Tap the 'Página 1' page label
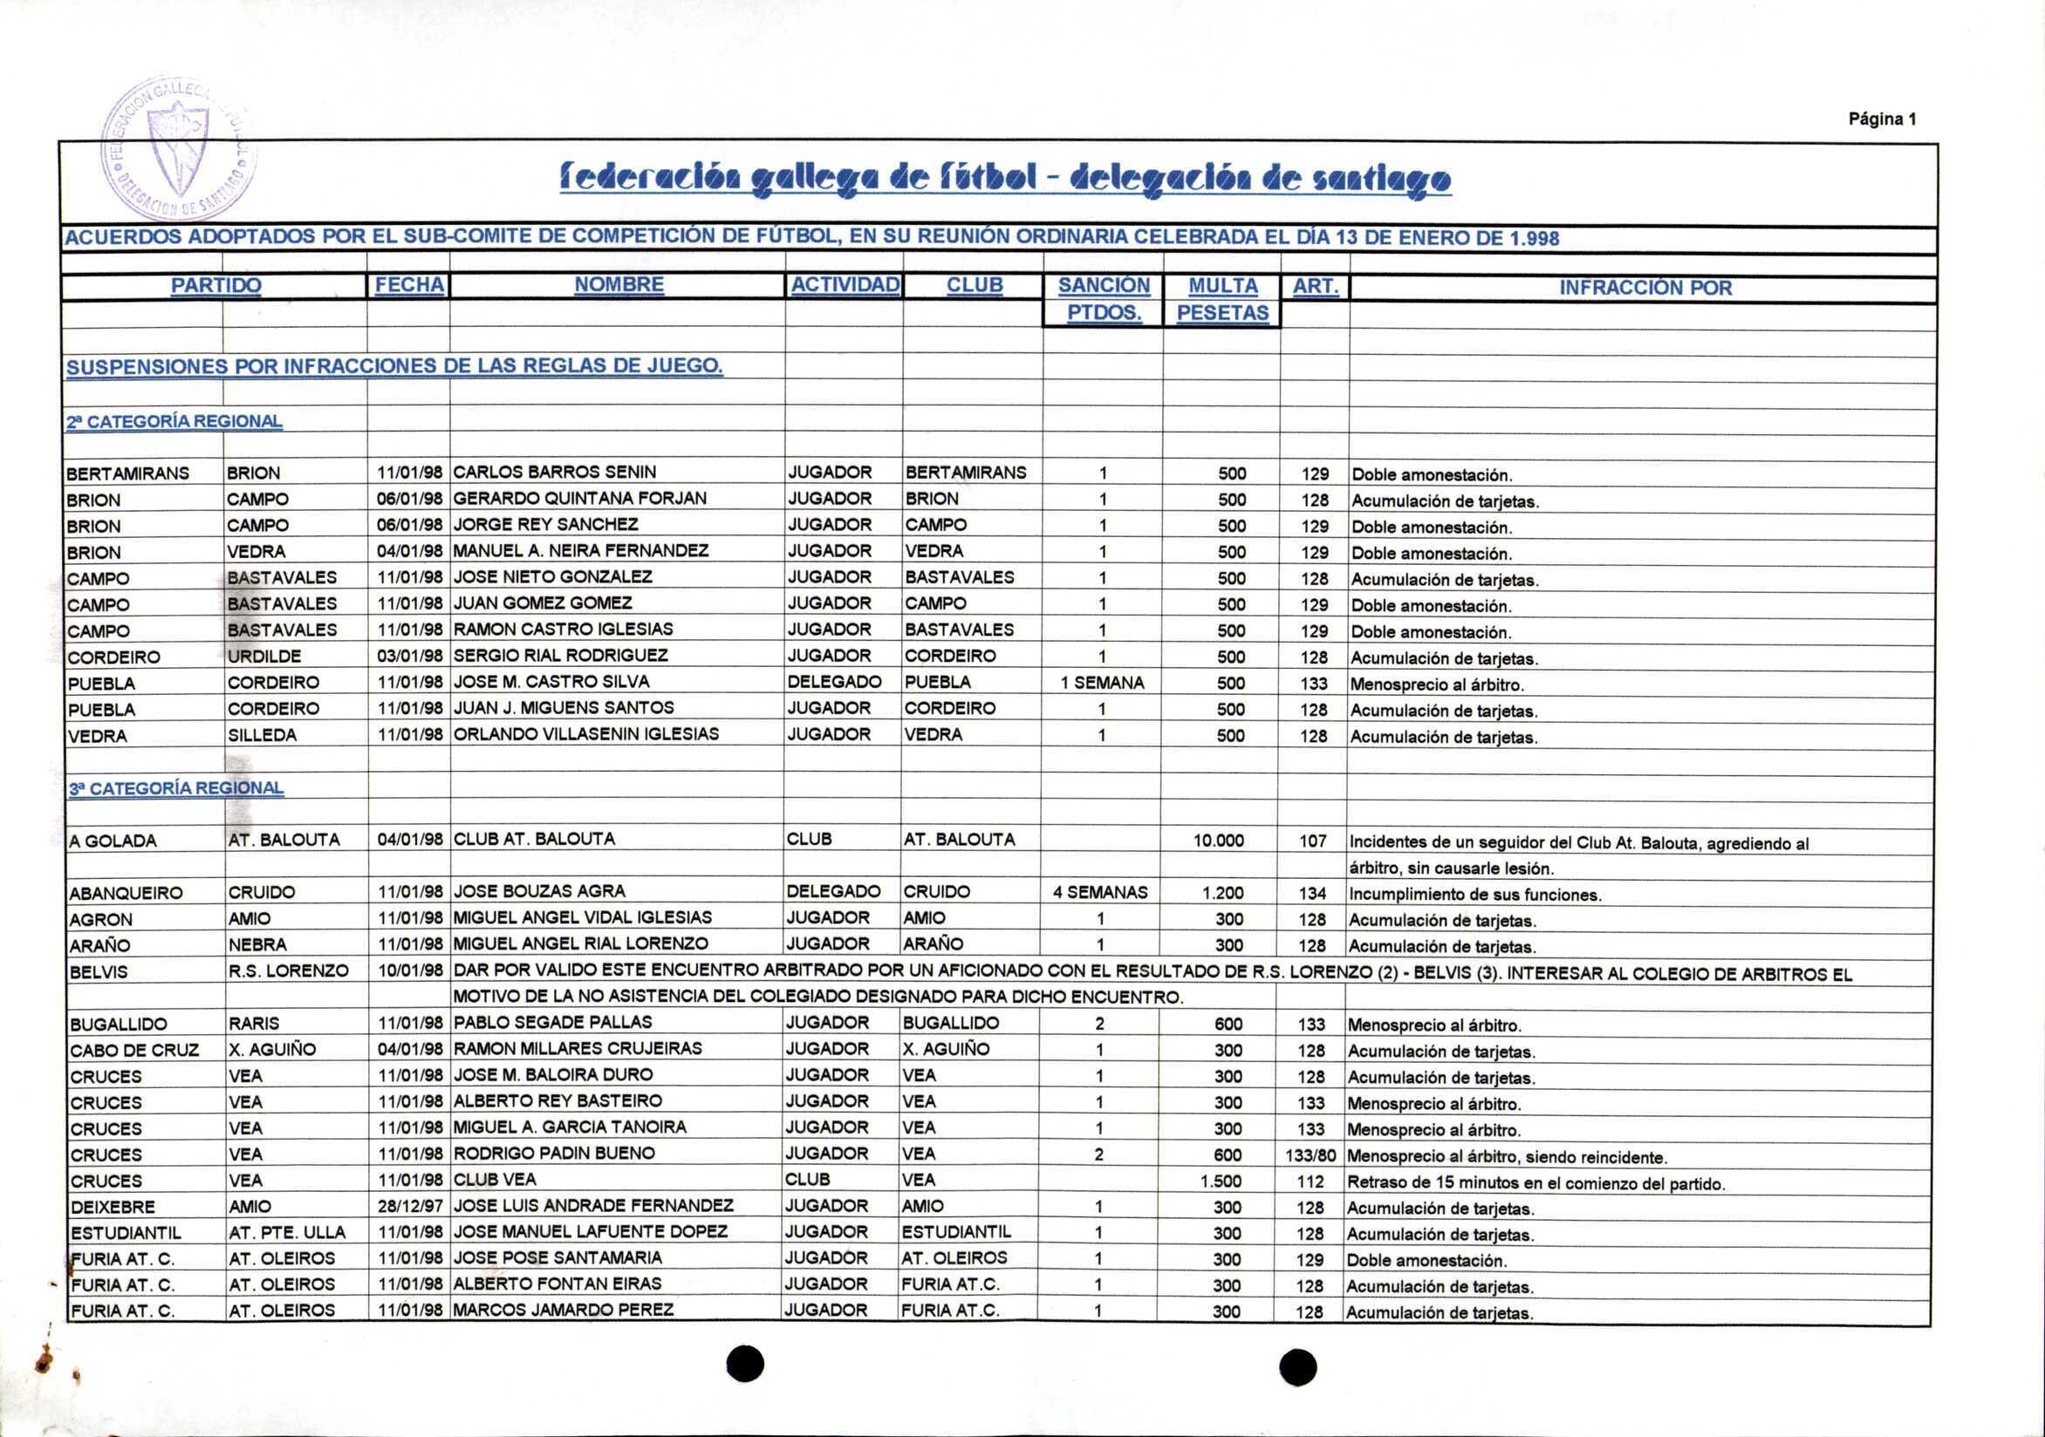[1882, 119]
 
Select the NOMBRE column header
[619, 285]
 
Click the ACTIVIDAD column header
[845, 285]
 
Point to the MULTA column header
[1222, 286]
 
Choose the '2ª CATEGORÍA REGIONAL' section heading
[174, 421]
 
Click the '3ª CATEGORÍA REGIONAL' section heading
[176, 788]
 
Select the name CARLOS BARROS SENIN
[555, 472]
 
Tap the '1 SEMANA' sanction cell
[1102, 683]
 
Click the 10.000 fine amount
[1219, 841]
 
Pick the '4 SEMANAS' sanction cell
[1100, 892]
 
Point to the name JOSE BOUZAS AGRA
[540, 891]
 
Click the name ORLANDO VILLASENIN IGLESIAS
[586, 733]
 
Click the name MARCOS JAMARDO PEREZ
[564, 1310]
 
